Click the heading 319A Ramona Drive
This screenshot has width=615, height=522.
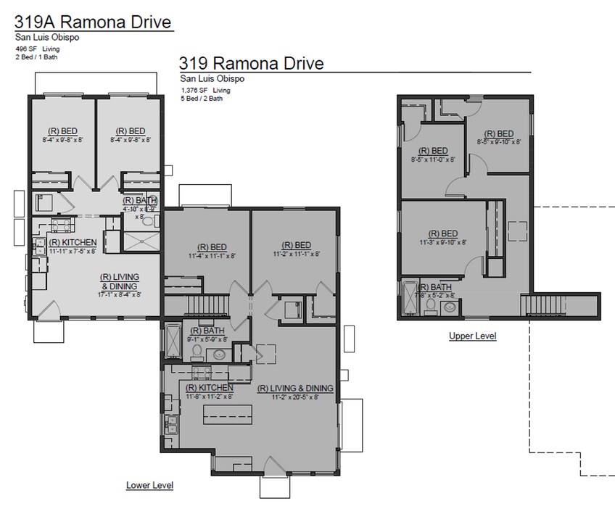tap(93, 22)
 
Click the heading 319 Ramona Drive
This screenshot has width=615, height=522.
tap(251, 64)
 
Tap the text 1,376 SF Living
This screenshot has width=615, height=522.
tap(206, 91)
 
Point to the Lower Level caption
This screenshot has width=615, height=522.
tap(149, 485)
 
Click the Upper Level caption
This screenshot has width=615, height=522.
tap(472, 336)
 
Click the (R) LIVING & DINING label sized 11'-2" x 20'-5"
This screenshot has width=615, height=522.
tap(294, 392)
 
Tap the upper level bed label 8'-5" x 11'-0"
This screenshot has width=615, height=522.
tap(432, 155)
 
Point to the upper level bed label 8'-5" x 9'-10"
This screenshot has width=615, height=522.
tap(498, 138)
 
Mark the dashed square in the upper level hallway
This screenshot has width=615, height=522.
tap(518, 231)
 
